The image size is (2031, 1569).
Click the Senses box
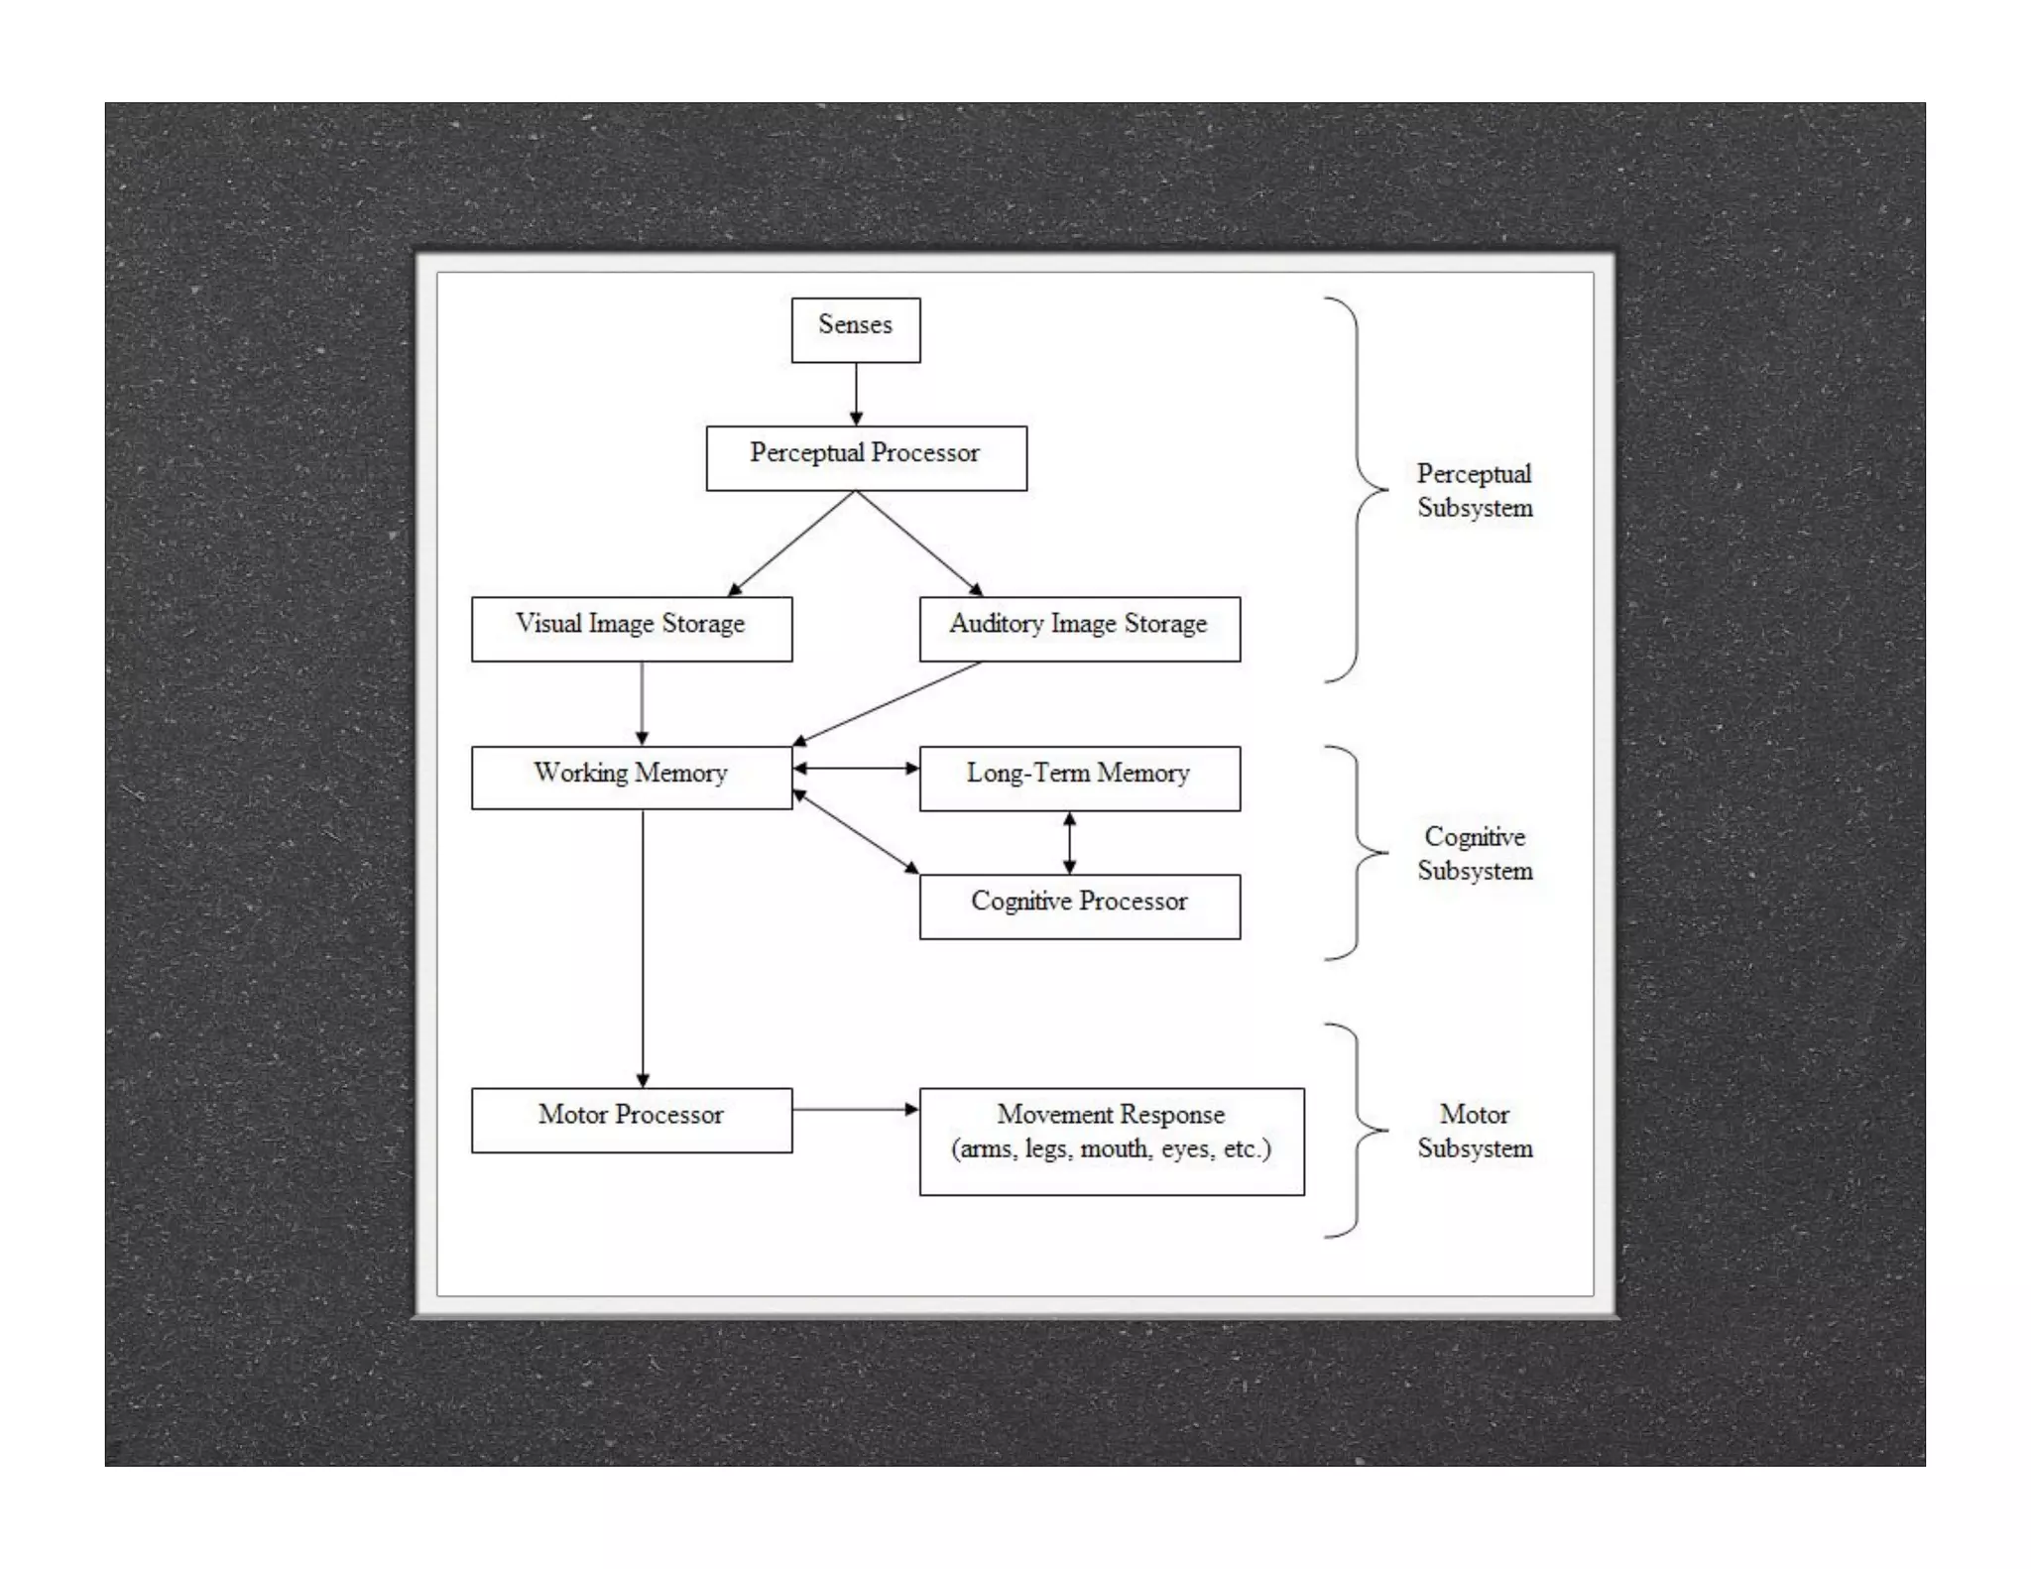coord(855,329)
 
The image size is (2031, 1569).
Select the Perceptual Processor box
coord(866,457)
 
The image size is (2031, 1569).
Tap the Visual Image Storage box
coord(631,628)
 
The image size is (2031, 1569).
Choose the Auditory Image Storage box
coord(1079,628)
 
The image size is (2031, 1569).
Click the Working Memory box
coord(631,778)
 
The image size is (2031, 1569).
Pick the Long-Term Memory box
coord(1079,778)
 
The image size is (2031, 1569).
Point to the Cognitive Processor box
coord(1079,905)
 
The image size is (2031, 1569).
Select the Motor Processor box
coord(631,1120)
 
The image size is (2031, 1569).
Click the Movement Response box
coord(1111,1141)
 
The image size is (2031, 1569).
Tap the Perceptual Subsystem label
coord(1474,490)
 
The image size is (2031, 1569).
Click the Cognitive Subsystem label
coord(1474,853)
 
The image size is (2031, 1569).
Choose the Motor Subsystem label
coord(1474,1131)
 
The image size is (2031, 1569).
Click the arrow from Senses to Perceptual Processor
coord(856,394)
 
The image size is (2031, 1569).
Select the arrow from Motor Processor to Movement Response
coord(855,1109)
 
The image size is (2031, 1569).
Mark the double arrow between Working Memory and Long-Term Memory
coord(856,768)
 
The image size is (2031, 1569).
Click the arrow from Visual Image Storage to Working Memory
coord(642,702)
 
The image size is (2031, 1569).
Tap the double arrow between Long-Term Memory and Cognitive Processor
coord(1069,843)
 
